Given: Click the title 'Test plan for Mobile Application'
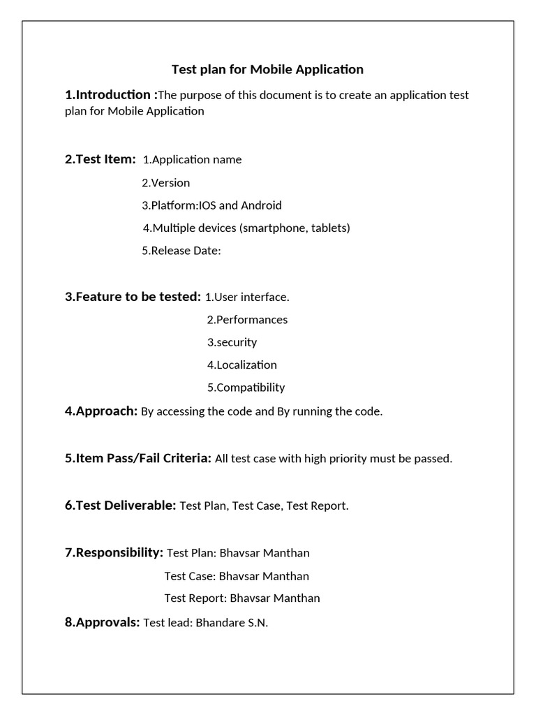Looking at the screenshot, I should pyautogui.click(x=268, y=69).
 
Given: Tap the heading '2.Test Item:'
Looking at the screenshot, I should pyautogui.click(x=100, y=159).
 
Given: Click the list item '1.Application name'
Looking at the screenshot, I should pyautogui.click(x=192, y=159).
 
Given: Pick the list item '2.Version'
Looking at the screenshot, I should pyautogui.click(x=165, y=183).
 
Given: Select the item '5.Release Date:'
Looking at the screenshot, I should pyautogui.click(x=181, y=251).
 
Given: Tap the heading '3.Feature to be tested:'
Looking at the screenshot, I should pyautogui.click(x=133, y=297).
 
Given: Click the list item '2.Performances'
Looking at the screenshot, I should pyautogui.click(x=247, y=320).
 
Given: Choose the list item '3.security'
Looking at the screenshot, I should pyautogui.click(x=232, y=342).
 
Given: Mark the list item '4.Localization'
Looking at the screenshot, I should pyautogui.click(x=241, y=364).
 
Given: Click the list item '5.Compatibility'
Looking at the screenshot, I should pyautogui.click(x=246, y=388).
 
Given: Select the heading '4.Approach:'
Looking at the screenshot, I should pyautogui.click(x=101, y=411).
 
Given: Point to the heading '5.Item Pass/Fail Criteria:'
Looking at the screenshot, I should pyautogui.click(x=138, y=458).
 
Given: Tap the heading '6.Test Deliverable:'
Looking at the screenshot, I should pyautogui.click(x=120, y=506).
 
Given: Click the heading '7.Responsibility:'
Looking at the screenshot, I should pyautogui.click(x=114, y=552).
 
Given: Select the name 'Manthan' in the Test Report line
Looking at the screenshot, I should pyautogui.click(x=296, y=598).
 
